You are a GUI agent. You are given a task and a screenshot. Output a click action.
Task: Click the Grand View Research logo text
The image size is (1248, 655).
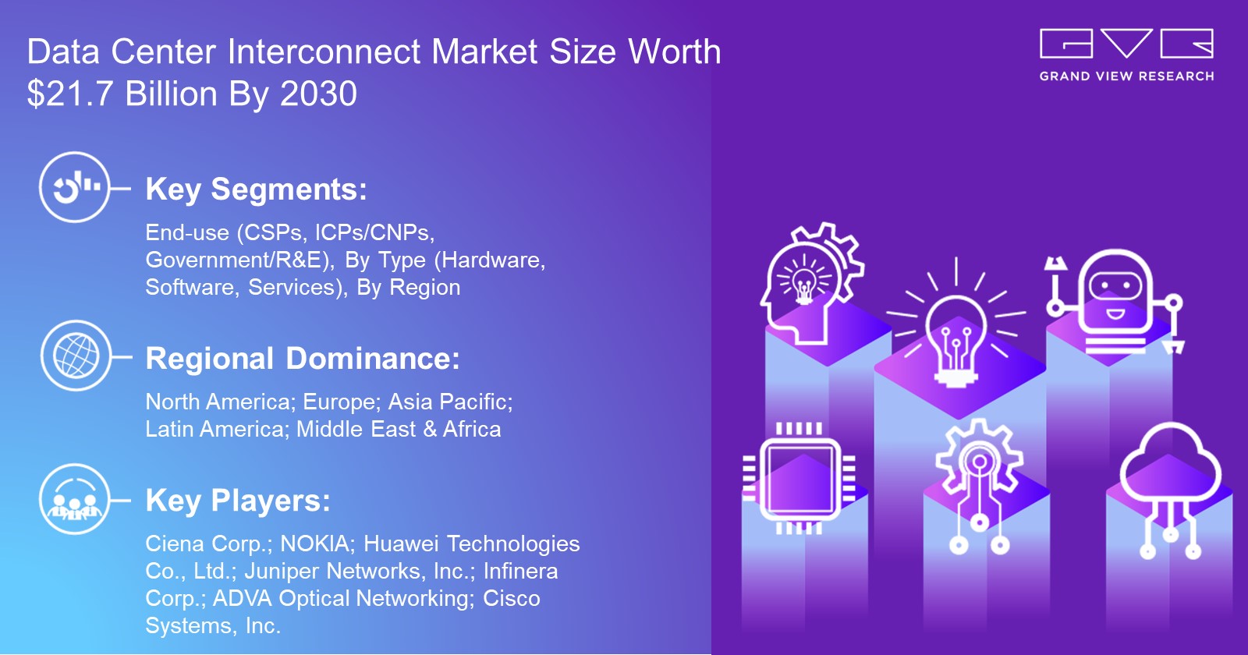click(1126, 76)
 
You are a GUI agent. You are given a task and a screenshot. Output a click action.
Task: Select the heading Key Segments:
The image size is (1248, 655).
click(256, 189)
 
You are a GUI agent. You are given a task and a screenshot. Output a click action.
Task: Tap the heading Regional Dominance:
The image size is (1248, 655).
click(303, 359)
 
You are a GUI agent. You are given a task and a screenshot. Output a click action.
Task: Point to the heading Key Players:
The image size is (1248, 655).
click(238, 501)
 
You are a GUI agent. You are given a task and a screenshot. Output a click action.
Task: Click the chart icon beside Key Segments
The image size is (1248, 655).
click(75, 187)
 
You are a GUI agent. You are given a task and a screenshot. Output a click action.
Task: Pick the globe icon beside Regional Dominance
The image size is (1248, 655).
click(76, 356)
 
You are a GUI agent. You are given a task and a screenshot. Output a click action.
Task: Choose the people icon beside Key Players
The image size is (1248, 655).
click(74, 500)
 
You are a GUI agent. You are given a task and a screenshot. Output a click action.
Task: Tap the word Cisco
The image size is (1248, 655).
click(512, 598)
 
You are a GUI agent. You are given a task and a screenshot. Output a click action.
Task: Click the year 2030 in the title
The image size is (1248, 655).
click(318, 94)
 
